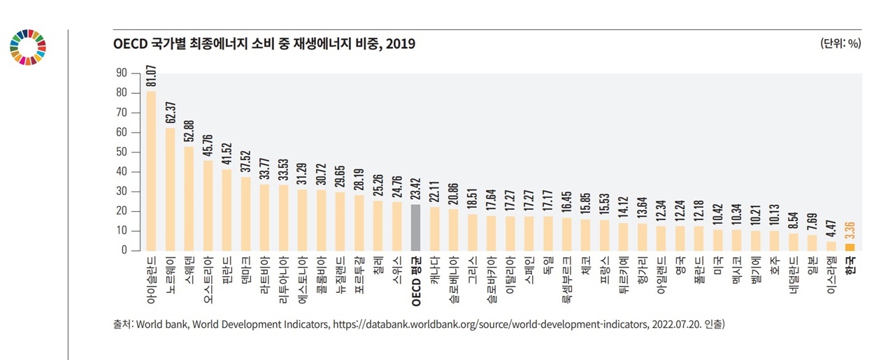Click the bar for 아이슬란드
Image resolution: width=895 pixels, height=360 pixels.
(151, 171)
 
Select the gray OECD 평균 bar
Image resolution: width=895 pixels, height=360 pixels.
(415, 227)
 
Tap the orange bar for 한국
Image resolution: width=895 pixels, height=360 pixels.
(850, 247)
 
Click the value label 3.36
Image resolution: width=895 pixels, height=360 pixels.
(850, 229)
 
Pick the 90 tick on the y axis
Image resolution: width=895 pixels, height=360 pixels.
(122, 73)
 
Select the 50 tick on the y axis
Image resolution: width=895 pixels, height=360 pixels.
(122, 152)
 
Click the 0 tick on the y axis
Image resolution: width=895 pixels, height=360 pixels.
(124, 250)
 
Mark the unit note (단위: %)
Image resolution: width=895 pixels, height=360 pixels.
(840, 43)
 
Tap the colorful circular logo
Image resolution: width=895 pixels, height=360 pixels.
(28, 48)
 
